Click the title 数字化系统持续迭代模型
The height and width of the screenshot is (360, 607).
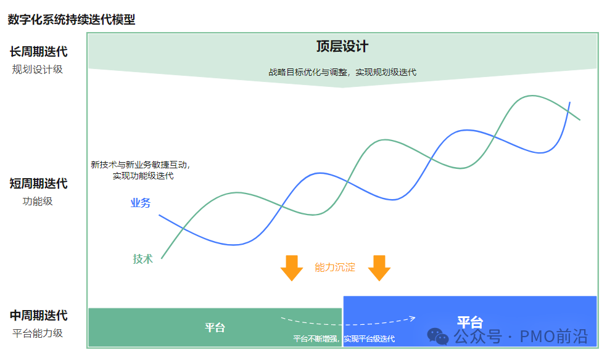[x=72, y=20]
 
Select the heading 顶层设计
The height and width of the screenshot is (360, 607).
[x=342, y=47]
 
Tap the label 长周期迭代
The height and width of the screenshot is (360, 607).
[x=38, y=52]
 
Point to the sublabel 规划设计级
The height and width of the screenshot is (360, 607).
[x=38, y=70]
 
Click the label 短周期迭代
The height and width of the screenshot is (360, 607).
[x=38, y=184]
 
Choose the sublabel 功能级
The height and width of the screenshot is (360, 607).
[x=38, y=202]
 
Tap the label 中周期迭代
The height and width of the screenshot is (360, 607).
[x=38, y=316]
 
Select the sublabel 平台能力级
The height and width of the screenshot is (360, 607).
[x=38, y=333]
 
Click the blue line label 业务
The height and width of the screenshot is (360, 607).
[x=141, y=203]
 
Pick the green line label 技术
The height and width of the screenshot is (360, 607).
[x=142, y=259]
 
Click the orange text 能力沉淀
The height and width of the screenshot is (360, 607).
[x=335, y=267]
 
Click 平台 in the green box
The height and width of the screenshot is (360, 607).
[x=215, y=327]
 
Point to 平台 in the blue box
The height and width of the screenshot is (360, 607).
[x=469, y=322]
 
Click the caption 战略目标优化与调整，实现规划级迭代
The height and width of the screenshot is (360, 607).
[x=342, y=72]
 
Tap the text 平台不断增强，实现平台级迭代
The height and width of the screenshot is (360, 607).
[x=344, y=339]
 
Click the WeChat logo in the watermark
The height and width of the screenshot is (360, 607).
[x=439, y=337]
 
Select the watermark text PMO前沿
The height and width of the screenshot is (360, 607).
[x=553, y=337]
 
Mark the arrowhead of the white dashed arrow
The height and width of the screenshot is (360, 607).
[x=413, y=318]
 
